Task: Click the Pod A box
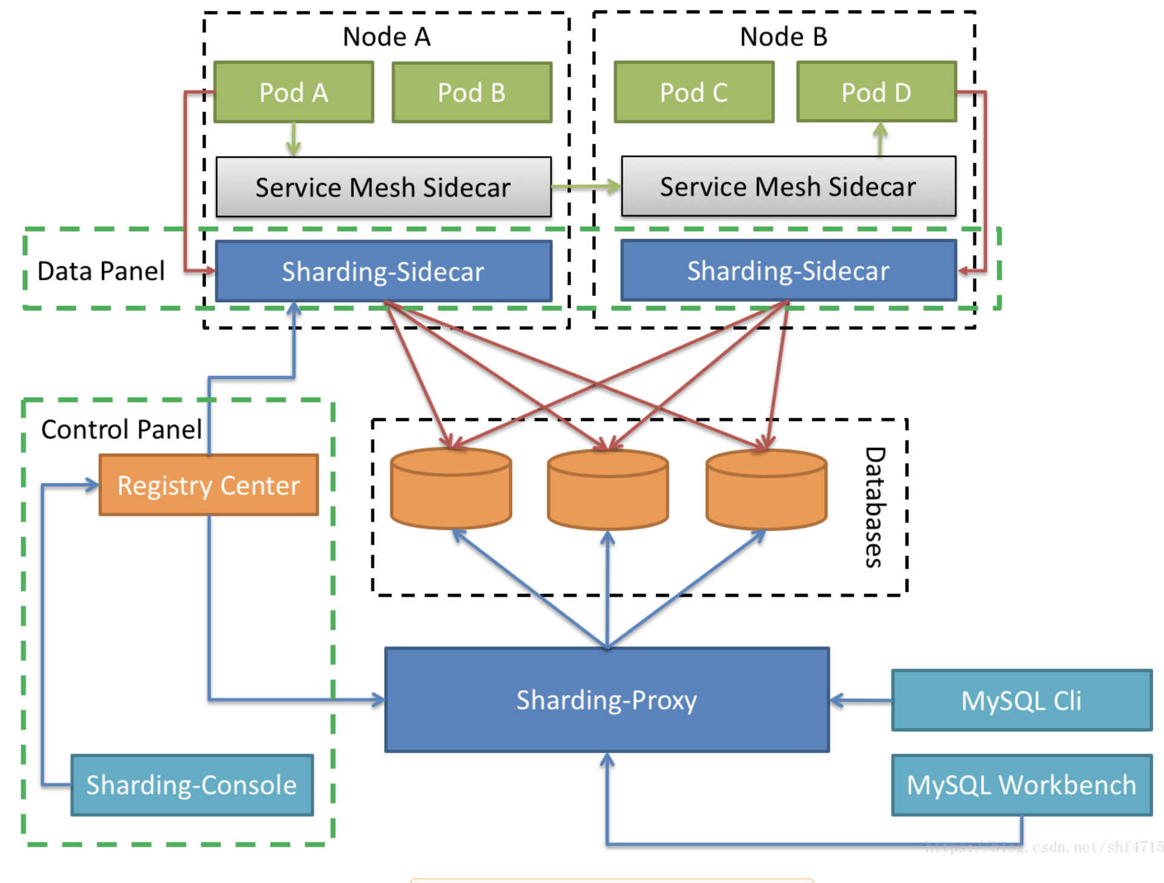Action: (x=294, y=93)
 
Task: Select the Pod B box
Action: (x=472, y=93)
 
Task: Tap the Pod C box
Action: (x=694, y=93)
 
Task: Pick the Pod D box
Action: (x=876, y=93)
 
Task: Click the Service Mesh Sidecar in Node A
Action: (x=384, y=187)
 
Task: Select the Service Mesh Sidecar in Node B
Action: (x=788, y=187)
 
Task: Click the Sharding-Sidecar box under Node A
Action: (x=384, y=271)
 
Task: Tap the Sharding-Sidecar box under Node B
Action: (x=788, y=270)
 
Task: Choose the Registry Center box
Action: (x=209, y=485)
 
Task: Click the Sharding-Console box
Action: (x=192, y=785)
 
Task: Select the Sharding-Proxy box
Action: (x=607, y=700)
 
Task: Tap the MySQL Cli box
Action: (x=1021, y=700)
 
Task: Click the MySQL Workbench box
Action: (x=1021, y=785)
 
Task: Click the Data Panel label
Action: (x=101, y=271)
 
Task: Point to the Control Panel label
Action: (x=121, y=429)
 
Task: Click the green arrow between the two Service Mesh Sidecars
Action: (x=586, y=187)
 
